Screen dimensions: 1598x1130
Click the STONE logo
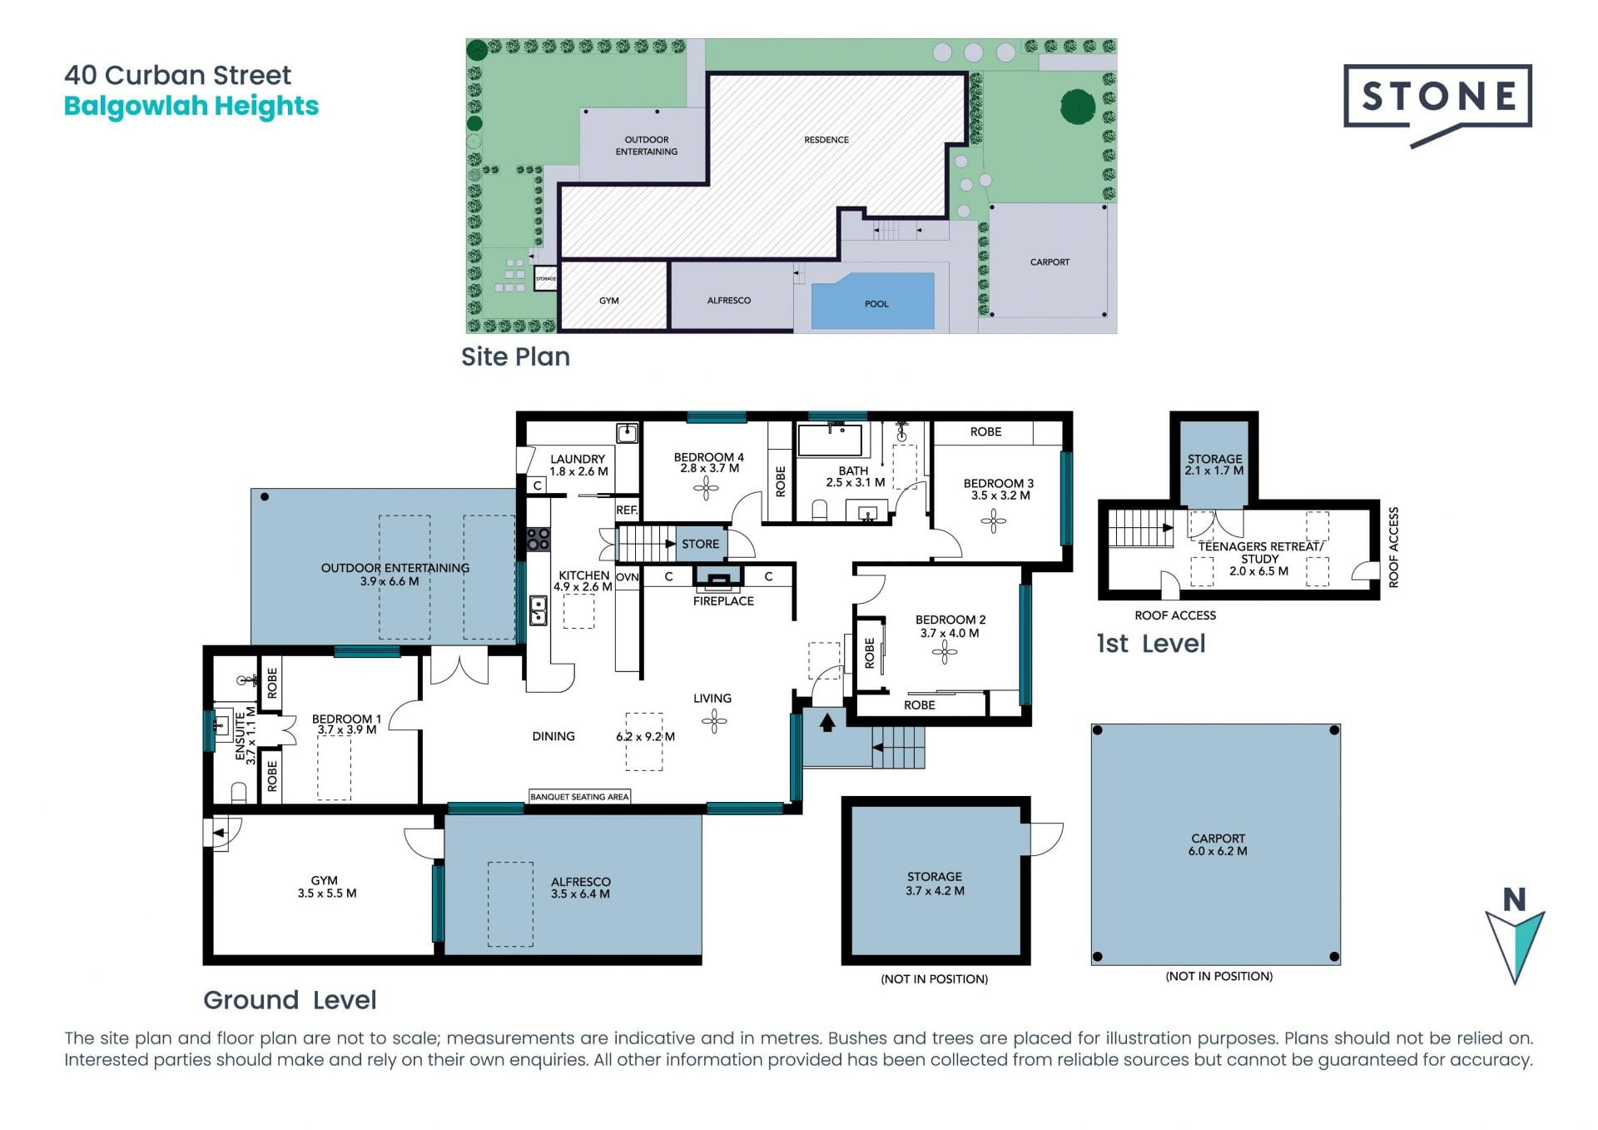coord(1437,103)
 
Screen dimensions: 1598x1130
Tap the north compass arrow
coord(1515,946)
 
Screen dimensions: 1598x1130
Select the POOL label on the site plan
coord(876,304)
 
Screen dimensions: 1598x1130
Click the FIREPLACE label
coord(723,600)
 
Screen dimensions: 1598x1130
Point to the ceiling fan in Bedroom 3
coord(993,522)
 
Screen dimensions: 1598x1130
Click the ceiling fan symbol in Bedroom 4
coord(706,489)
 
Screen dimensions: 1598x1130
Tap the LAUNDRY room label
coord(578,459)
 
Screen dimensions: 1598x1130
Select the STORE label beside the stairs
coord(700,544)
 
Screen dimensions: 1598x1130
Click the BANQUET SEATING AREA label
coord(579,797)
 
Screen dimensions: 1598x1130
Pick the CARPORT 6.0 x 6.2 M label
coord(1218,844)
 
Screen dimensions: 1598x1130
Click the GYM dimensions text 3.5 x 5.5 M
coord(327,894)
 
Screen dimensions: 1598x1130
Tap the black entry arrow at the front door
coord(826,723)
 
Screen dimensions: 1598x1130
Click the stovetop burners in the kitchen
coord(538,540)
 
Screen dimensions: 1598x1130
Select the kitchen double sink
coord(538,610)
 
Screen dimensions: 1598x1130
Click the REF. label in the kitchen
coord(627,510)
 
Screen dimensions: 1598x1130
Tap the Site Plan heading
coord(515,356)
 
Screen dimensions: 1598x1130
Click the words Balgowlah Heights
coord(191,107)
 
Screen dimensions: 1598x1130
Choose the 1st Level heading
coord(1151,644)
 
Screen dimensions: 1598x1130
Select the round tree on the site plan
coord(1078,107)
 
